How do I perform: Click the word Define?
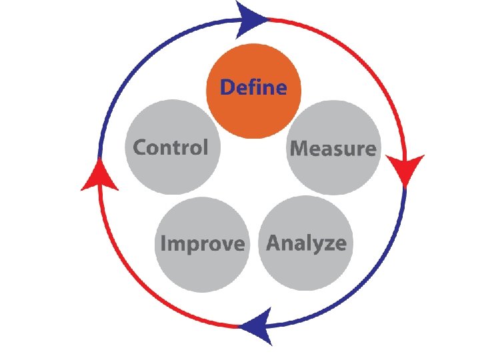[x=253, y=87]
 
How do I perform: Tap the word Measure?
[x=333, y=148]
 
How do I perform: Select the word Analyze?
[x=306, y=243]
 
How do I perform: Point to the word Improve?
[x=202, y=244]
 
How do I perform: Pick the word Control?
[x=171, y=147]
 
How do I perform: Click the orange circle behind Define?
[x=253, y=117]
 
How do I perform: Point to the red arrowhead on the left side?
[x=99, y=177]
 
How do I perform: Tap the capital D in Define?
[x=227, y=87]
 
